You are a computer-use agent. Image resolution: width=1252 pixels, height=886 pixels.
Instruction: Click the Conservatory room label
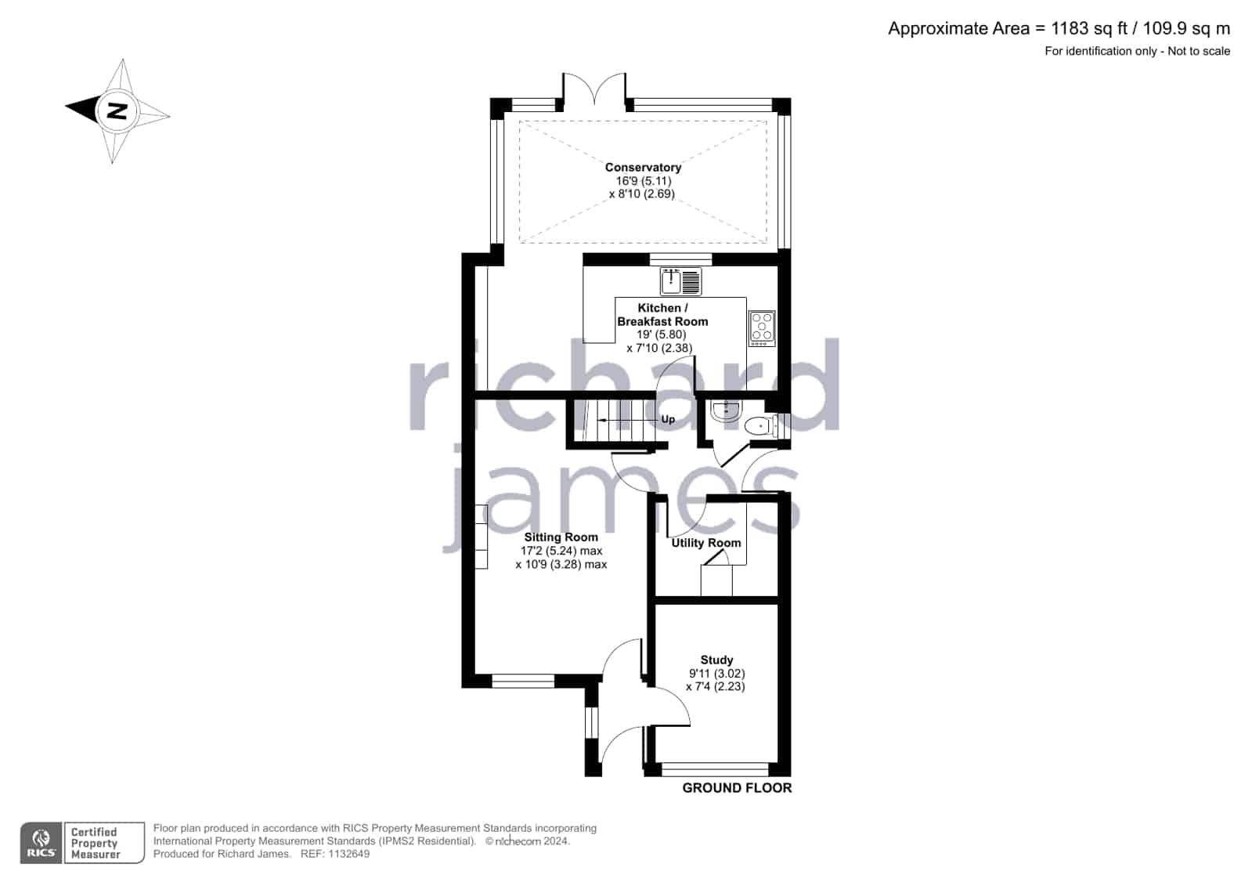[643, 167]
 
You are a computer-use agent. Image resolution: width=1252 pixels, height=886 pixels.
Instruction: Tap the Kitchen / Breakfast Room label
[662, 314]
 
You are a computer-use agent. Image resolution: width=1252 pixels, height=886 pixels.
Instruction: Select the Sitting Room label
[561, 537]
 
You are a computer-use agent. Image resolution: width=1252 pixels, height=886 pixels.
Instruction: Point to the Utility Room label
[706, 543]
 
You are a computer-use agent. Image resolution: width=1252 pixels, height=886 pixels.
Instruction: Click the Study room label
[716, 660]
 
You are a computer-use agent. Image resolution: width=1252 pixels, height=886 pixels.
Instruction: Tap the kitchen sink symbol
[680, 281]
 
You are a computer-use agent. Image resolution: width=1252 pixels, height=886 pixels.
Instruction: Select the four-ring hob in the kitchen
[762, 328]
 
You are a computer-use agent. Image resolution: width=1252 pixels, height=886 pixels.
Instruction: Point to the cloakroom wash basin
[726, 411]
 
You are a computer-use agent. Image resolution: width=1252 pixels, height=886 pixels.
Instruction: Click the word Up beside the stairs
[668, 420]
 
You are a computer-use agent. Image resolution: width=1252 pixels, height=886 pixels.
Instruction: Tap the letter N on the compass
[117, 111]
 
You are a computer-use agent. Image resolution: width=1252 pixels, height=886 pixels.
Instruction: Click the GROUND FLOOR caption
[737, 788]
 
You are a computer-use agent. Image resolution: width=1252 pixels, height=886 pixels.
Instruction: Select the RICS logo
[41, 842]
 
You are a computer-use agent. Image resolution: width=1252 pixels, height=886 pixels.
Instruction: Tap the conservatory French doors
[595, 89]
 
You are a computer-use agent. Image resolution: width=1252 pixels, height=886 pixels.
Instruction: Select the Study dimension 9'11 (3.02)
[716, 674]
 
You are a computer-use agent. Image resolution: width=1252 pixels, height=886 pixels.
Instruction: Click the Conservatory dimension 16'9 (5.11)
[644, 181]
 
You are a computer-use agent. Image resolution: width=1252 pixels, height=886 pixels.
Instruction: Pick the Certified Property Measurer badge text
[95, 843]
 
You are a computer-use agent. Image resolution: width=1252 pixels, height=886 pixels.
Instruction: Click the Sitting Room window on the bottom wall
[522, 681]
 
